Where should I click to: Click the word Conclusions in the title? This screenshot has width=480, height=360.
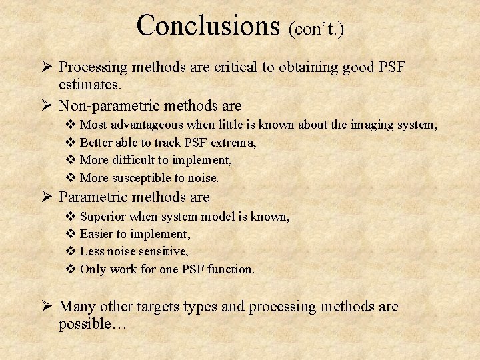pos(207,25)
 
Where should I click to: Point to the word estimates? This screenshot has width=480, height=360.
pos(90,85)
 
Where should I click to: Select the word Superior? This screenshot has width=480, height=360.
pos(103,216)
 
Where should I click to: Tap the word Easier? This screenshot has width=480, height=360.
pos(98,234)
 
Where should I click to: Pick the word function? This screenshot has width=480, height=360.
pos(231,270)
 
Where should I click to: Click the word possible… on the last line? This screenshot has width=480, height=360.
pos(93,324)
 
